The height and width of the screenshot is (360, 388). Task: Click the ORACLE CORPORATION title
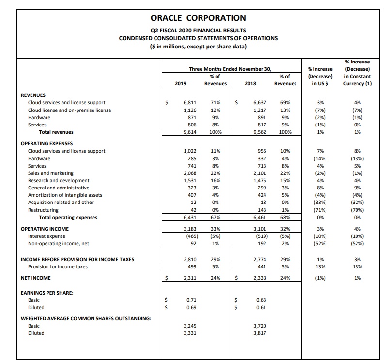198,18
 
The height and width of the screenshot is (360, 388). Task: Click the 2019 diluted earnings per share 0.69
191,307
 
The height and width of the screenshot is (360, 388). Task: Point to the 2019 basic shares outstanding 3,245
190,326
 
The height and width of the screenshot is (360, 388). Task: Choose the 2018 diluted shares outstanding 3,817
260,333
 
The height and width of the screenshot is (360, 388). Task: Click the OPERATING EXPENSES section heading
47,144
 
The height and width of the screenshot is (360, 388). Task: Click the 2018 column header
250,83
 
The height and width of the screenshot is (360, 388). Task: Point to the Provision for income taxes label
58,266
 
